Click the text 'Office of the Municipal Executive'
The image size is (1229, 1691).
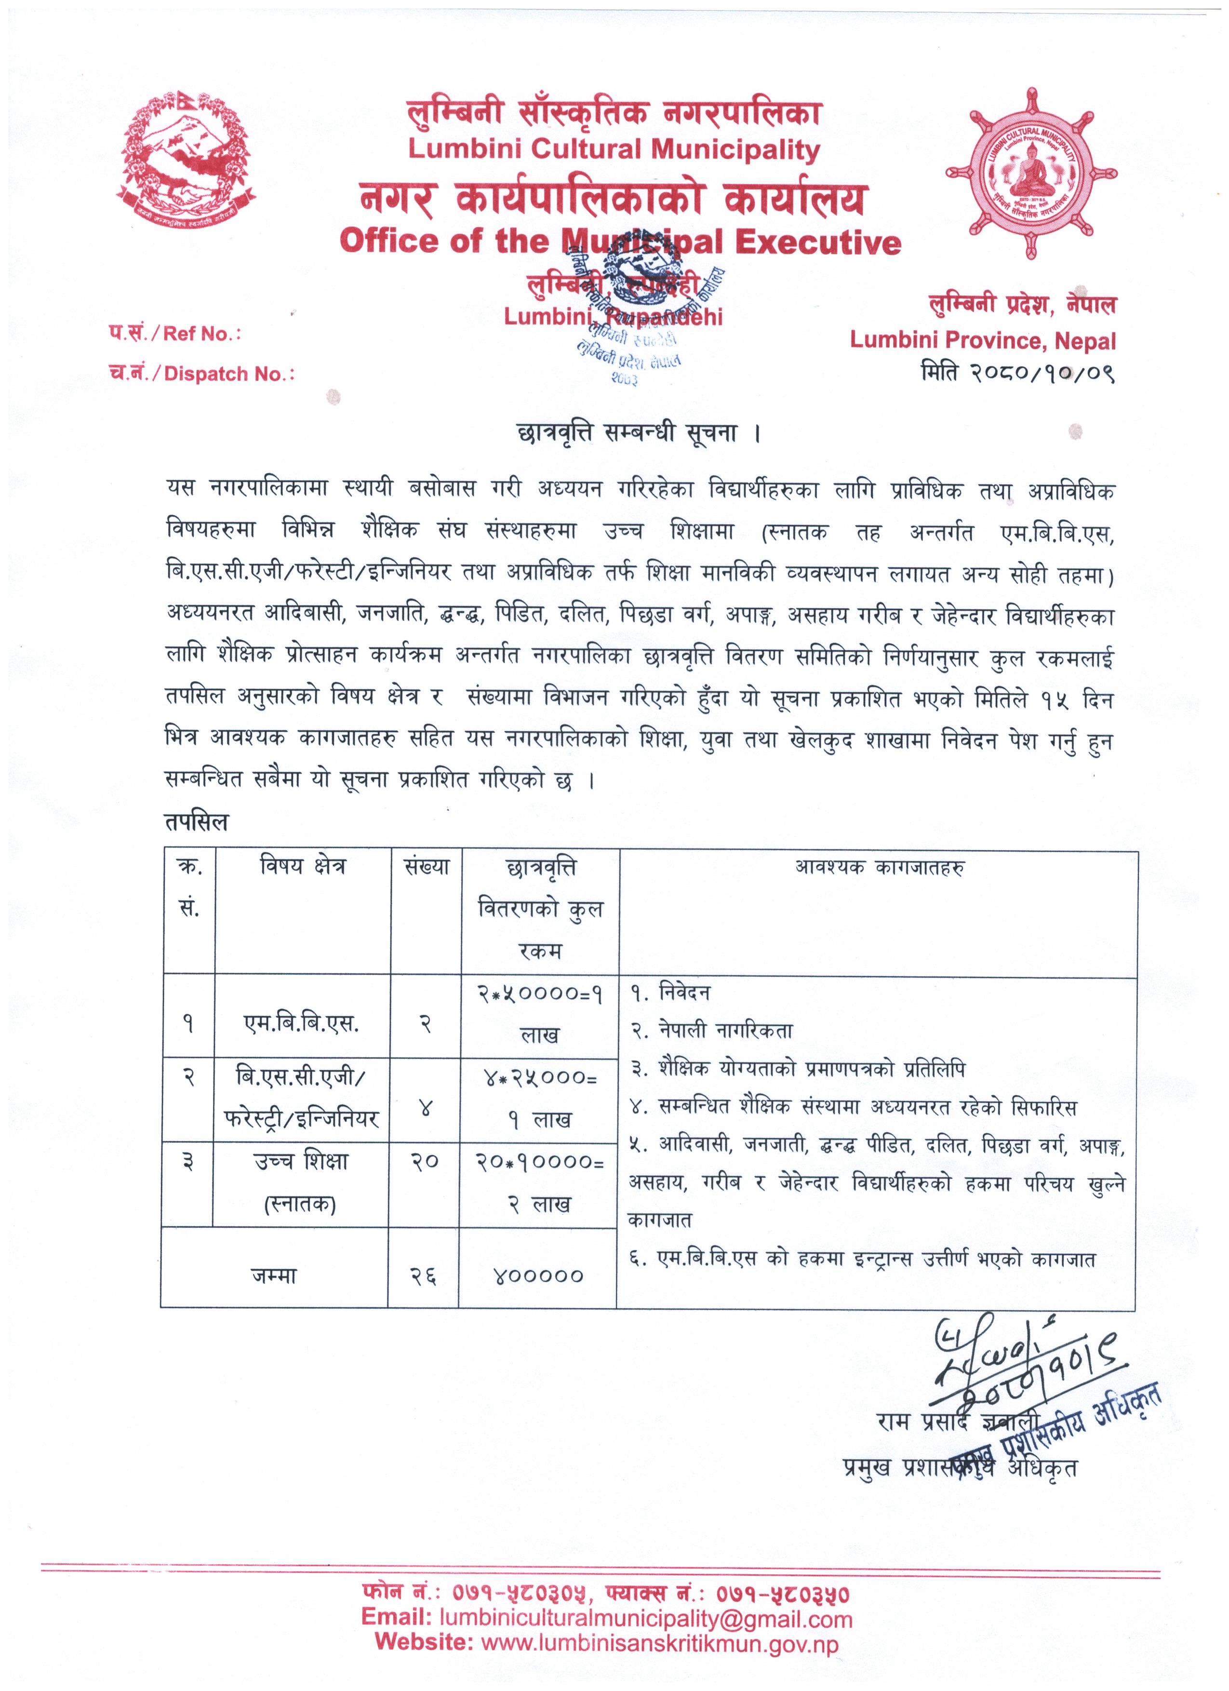pos(619,242)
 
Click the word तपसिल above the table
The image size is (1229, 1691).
pos(196,822)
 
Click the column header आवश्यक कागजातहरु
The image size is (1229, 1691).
pos(879,868)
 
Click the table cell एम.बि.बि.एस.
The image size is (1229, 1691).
pos(302,1026)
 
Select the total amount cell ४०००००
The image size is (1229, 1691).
pos(538,1275)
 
